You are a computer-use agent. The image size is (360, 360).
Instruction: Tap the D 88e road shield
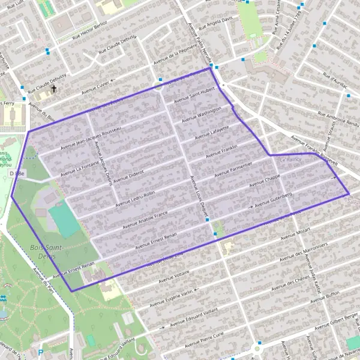[17, 173]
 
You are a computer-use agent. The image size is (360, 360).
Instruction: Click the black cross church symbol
[53, 89]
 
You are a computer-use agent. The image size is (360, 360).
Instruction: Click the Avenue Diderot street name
[129, 175]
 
